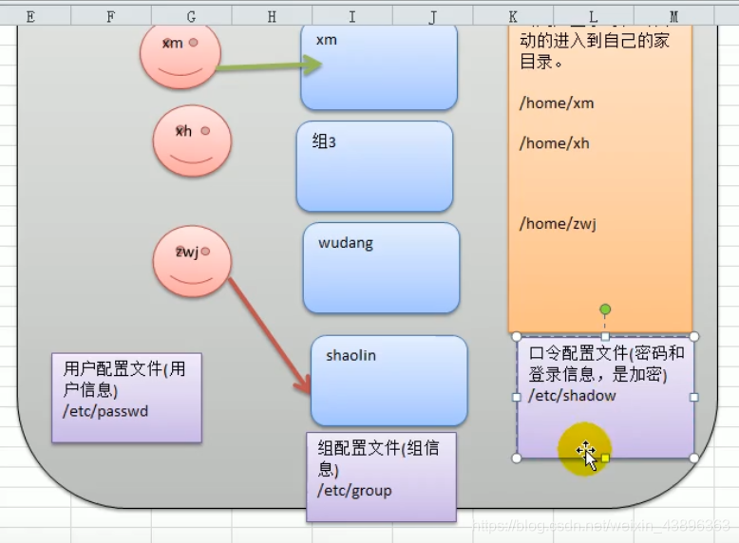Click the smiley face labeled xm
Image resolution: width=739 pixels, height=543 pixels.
[x=180, y=55]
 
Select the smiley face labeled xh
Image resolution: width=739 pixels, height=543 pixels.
[x=192, y=140]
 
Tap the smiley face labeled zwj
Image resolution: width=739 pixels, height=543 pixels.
[x=192, y=260]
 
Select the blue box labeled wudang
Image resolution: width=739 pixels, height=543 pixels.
[x=381, y=268]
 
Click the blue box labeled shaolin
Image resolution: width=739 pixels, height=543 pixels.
[x=388, y=381]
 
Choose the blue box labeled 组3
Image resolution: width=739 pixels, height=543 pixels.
[x=374, y=166]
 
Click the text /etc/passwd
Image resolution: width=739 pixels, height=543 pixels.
[x=106, y=411]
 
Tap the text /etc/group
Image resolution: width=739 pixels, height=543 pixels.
[x=354, y=491]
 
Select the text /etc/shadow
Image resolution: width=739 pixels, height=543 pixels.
[x=572, y=396]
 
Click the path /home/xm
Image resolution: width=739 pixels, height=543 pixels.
[x=556, y=103]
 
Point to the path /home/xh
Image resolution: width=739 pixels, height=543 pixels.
[x=554, y=143]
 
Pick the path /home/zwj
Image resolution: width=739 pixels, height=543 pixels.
[x=557, y=224]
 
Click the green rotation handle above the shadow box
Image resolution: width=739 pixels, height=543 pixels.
[x=605, y=309]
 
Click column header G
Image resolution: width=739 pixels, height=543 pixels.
[x=192, y=16]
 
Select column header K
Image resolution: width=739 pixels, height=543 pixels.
[x=513, y=16]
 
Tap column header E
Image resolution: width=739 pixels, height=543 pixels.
[x=30, y=16]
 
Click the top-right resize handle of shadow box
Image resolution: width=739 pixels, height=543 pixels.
[x=694, y=336]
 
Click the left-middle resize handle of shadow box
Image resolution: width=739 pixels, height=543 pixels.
[x=517, y=397]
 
